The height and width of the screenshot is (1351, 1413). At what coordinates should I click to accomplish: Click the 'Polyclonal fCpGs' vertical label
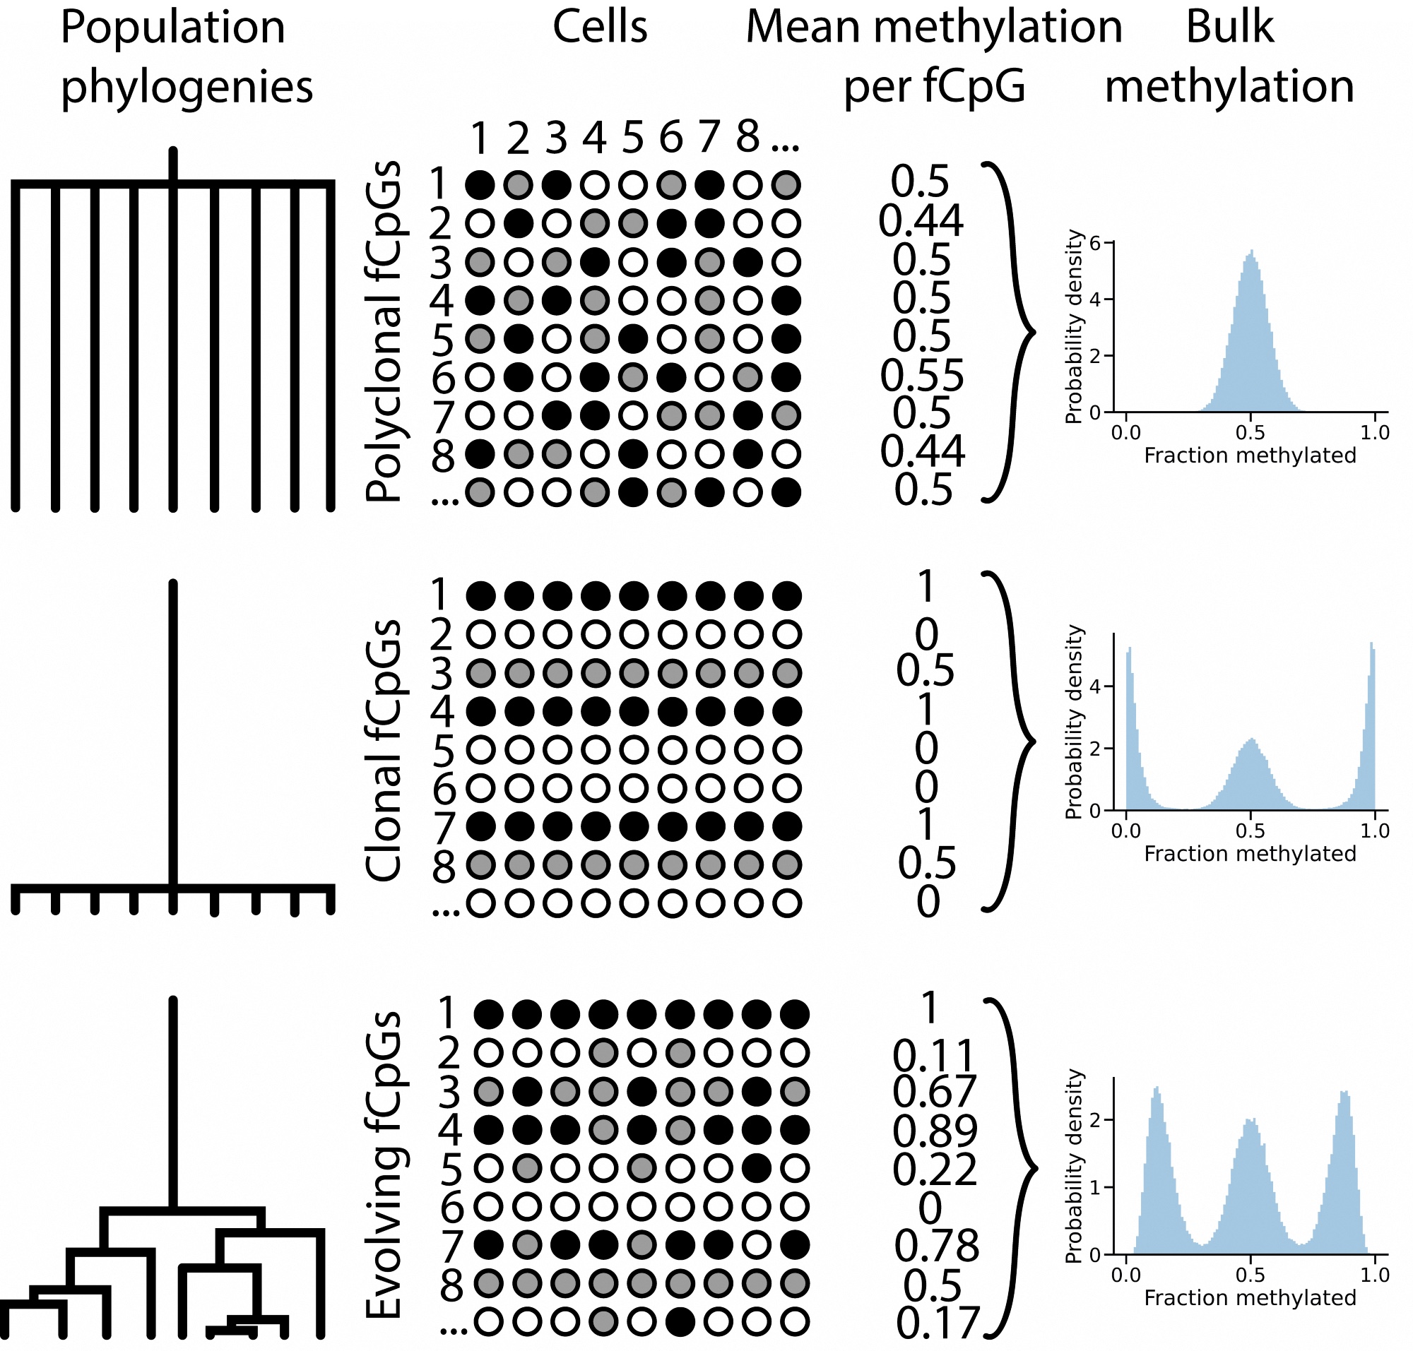tap(384, 331)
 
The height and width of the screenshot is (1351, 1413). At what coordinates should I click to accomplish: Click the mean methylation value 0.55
tap(921, 375)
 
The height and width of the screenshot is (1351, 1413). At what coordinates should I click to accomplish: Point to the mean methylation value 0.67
tap(934, 1092)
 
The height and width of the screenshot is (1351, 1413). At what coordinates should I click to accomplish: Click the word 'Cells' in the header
tap(600, 28)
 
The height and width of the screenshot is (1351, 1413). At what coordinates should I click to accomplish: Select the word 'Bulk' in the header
tap(1229, 28)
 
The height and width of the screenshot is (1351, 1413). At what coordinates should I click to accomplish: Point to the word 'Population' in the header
tap(173, 28)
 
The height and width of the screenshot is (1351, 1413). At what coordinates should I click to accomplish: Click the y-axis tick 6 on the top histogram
tap(1095, 244)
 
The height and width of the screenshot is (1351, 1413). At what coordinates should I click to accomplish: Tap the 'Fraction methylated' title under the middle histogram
tap(1249, 853)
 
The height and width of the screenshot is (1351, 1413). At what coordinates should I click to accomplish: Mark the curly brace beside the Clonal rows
tap(1012, 742)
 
